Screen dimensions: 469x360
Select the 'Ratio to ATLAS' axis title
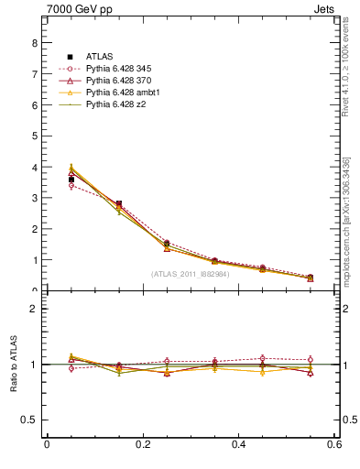[x=15, y=365]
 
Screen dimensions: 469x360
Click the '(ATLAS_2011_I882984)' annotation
[x=190, y=274]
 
